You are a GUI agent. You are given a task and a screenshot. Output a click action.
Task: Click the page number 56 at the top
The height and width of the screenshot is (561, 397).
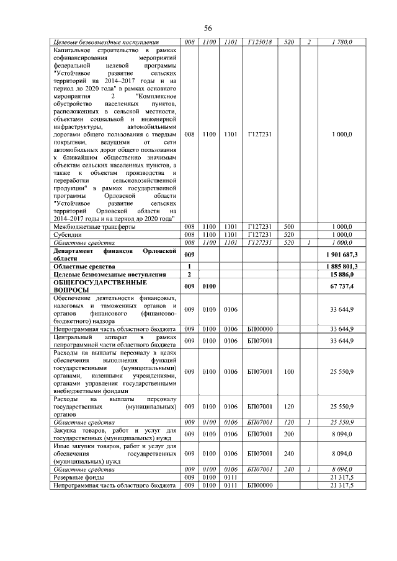208,29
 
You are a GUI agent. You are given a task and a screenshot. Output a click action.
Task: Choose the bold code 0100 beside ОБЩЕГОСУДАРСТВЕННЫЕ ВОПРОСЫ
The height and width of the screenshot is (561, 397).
208,286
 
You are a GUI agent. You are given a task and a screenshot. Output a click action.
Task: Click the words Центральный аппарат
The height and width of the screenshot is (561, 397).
87,337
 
